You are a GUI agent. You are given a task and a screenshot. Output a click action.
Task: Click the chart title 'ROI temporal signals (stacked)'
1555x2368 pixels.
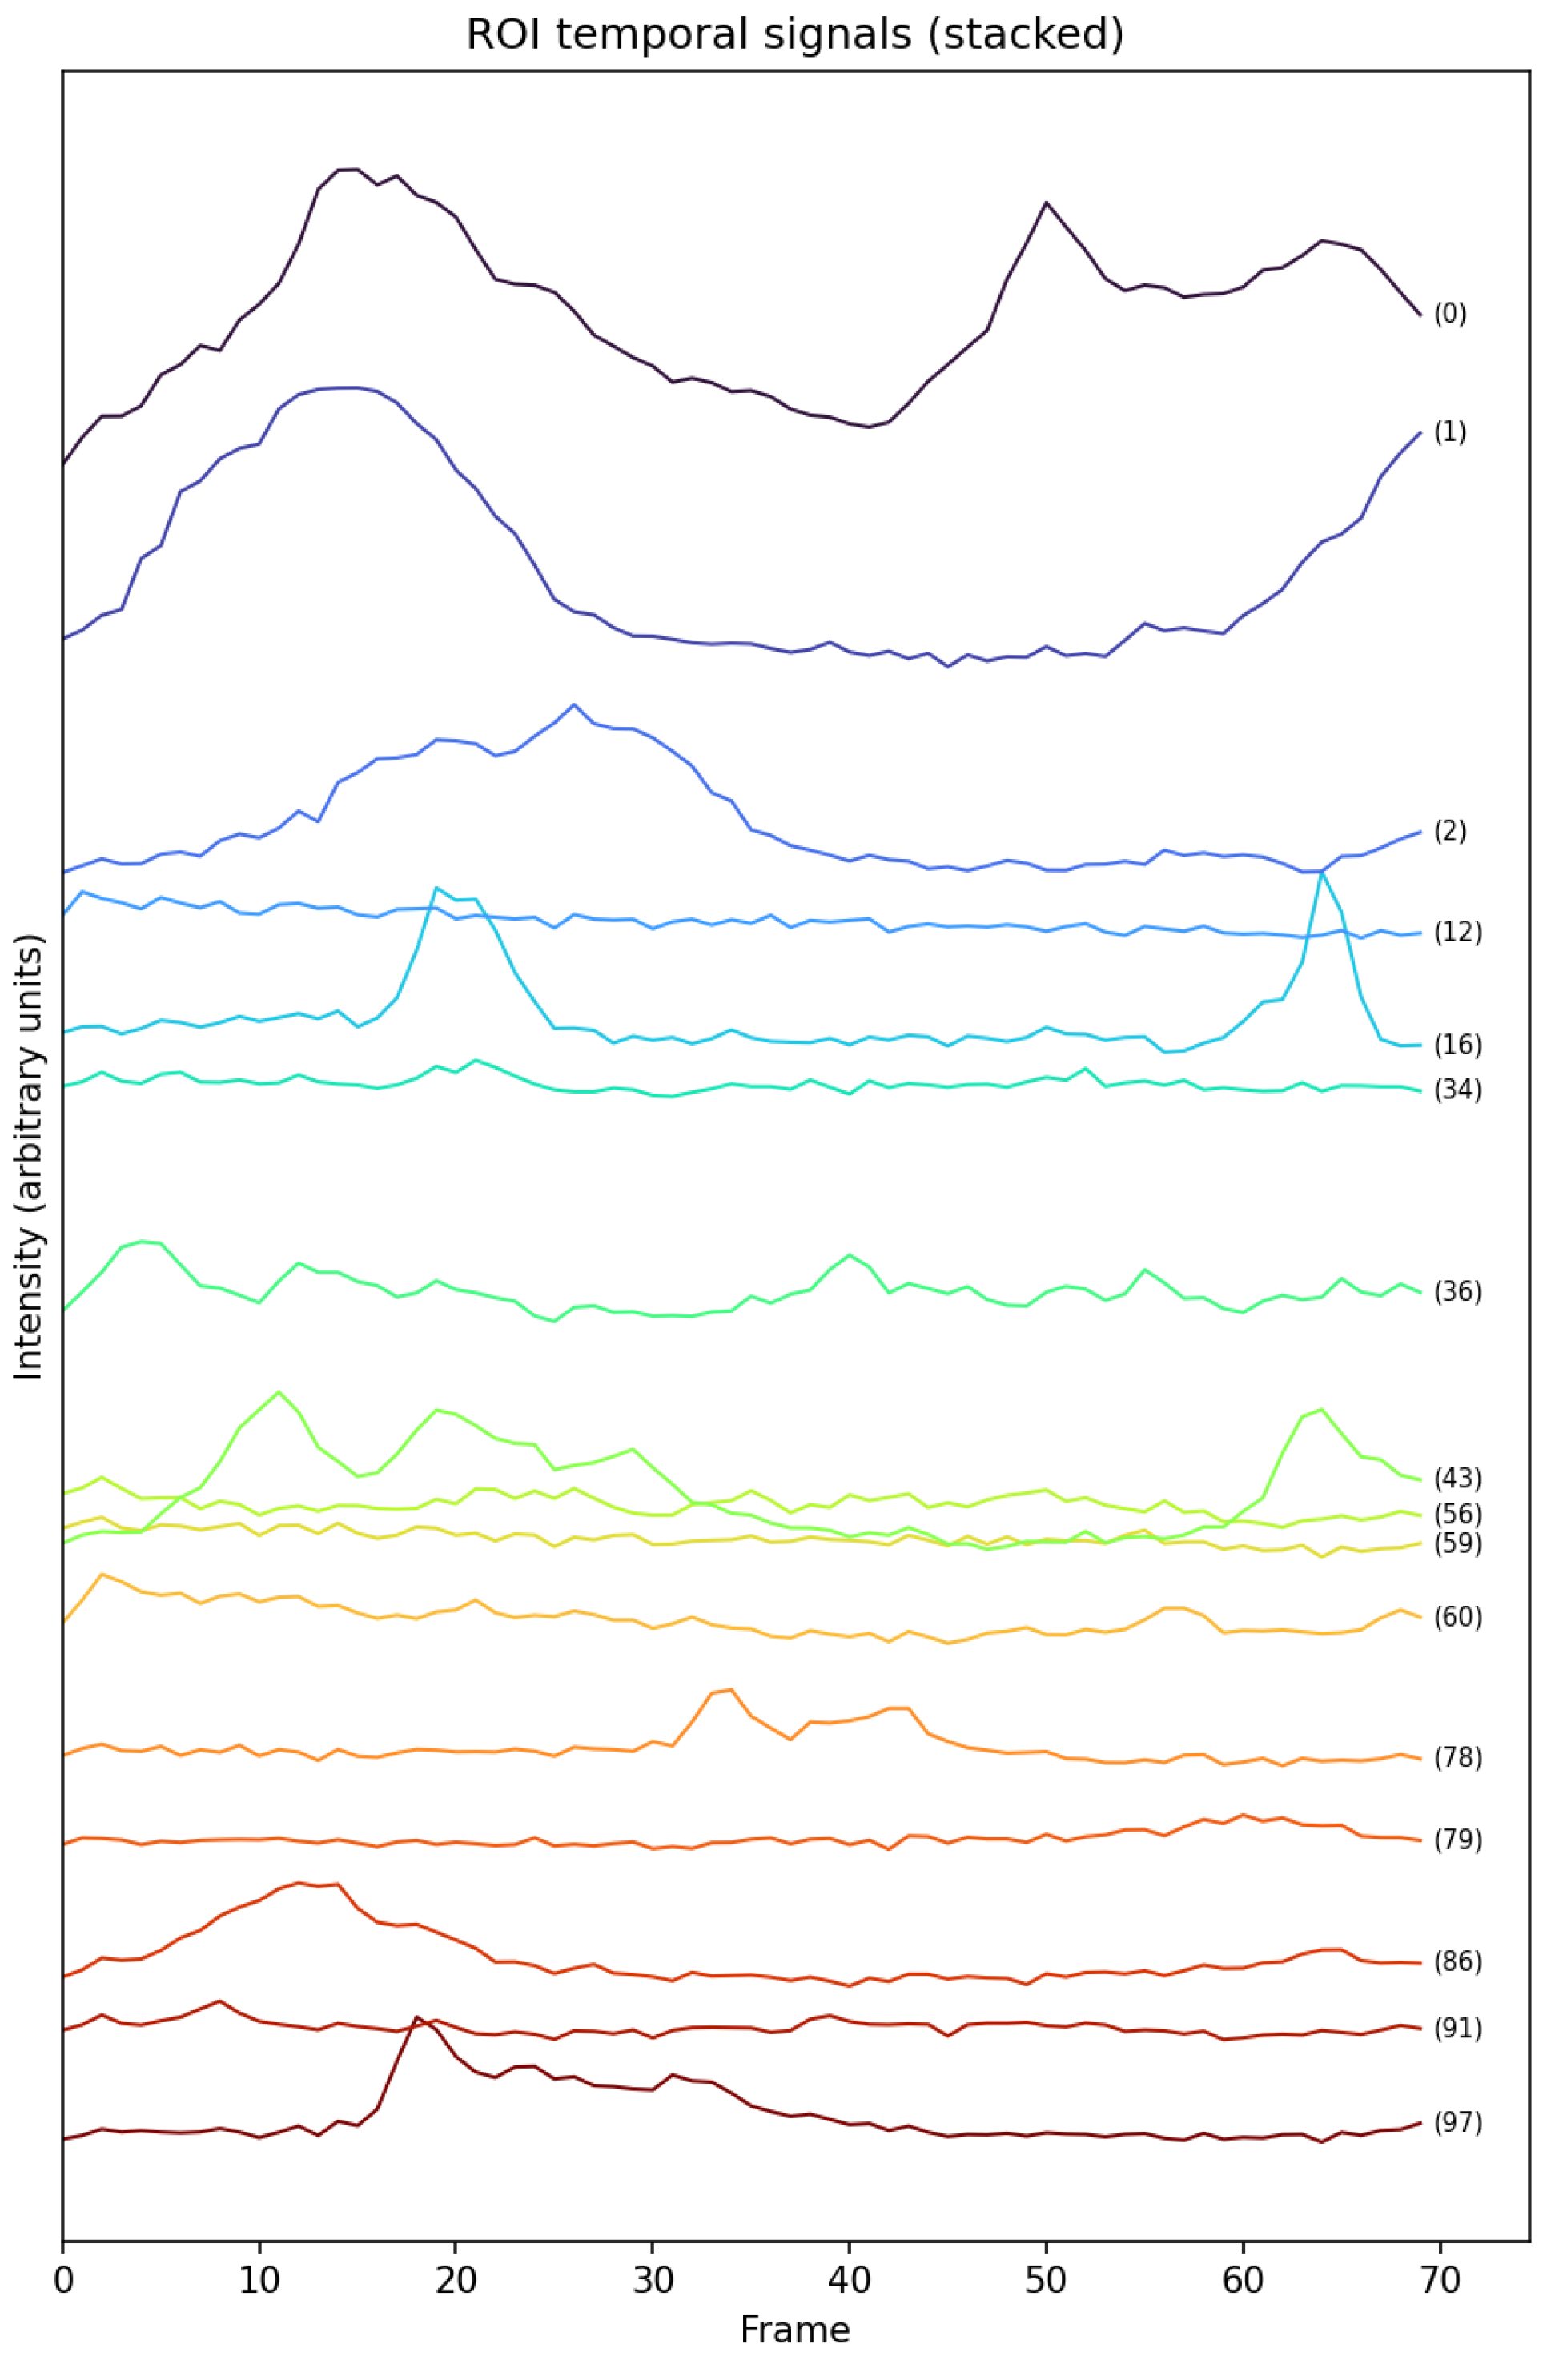point(794,35)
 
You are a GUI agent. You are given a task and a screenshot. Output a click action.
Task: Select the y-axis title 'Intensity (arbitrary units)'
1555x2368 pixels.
point(30,1156)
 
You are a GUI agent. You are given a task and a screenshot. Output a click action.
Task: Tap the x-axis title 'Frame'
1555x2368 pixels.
point(794,2330)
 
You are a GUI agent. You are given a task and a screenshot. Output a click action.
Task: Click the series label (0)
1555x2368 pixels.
point(1449,315)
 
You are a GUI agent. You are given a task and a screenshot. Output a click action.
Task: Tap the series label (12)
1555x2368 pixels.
point(1457,933)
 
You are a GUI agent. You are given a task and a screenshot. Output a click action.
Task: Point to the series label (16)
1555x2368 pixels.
point(1457,1045)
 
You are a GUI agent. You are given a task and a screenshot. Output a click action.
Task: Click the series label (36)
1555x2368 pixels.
point(1457,1291)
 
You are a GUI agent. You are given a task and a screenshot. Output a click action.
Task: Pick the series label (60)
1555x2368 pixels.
point(1457,1617)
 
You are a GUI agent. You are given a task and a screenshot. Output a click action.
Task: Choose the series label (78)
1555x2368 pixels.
point(1457,1758)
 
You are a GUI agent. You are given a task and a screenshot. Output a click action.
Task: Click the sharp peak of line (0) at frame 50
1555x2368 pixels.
point(1046,202)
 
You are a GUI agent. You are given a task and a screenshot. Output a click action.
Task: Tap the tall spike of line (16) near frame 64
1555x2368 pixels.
point(1321,872)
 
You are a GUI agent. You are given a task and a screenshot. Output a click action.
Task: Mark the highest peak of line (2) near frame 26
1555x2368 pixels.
point(574,704)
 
